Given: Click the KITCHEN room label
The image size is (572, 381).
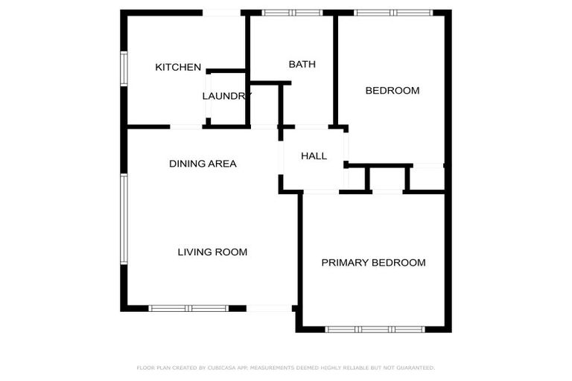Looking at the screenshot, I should [x=178, y=68].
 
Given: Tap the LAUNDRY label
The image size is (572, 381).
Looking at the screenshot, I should [x=227, y=96].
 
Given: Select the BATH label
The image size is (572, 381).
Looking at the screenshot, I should [x=302, y=65].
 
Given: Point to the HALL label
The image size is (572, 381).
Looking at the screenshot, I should [x=314, y=156].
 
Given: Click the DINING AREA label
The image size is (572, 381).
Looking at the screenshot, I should [x=203, y=164].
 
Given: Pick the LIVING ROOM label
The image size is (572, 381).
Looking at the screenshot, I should [x=212, y=252].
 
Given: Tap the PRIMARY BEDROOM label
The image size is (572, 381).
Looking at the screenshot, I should [x=373, y=263].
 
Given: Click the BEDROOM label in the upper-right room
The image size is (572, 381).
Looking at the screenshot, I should [x=392, y=91].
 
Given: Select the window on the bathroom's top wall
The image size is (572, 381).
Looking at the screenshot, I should [x=292, y=13].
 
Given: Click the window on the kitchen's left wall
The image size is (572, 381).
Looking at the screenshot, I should [x=124, y=68].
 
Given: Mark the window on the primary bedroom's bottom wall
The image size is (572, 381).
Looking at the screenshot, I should [x=375, y=329].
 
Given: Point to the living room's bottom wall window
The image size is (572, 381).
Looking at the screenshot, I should [x=188, y=308].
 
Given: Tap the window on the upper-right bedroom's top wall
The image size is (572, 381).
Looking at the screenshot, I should [x=393, y=13].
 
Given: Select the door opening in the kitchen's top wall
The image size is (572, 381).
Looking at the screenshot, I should [x=221, y=13].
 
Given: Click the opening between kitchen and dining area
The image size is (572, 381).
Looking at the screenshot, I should [x=186, y=127].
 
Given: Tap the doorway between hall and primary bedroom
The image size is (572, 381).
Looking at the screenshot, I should [x=320, y=192].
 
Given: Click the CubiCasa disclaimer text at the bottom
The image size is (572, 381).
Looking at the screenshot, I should [x=286, y=368].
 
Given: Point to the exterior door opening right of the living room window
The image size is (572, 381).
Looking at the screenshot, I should [x=269, y=308].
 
